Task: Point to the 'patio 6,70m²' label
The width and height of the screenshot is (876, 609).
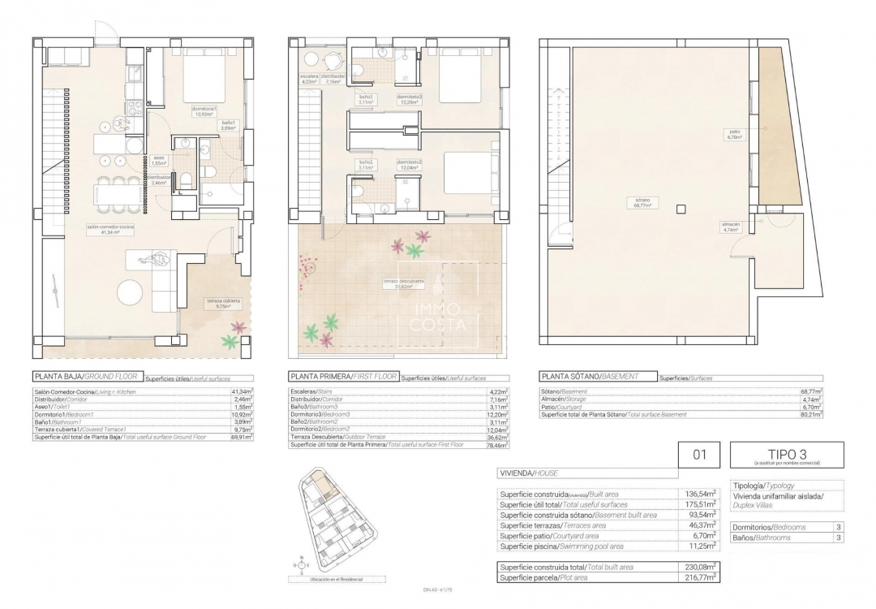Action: click(x=735, y=134)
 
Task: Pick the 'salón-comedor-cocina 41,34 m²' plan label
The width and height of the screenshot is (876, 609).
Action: click(x=110, y=230)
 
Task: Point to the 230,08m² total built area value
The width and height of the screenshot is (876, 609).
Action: click(x=699, y=566)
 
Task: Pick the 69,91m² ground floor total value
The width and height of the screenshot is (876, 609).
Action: click(x=240, y=437)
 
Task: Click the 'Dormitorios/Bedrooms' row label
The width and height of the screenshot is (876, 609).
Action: click(x=770, y=527)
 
